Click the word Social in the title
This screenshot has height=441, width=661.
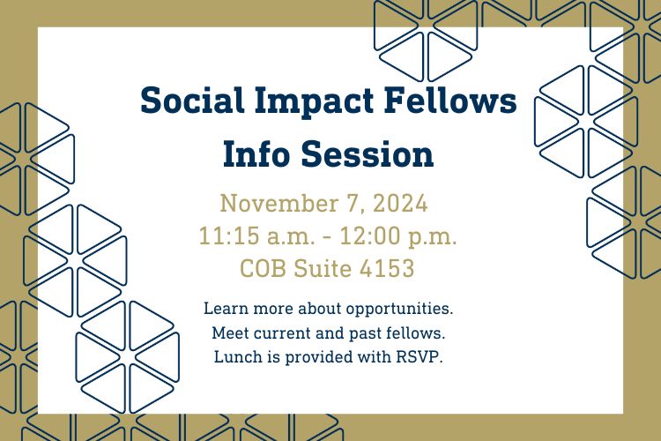(192, 101)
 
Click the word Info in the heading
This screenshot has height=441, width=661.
(256, 153)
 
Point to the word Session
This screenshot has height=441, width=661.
(368, 153)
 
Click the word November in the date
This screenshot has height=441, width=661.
(279, 204)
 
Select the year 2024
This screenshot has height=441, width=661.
(400, 204)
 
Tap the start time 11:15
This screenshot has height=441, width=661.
(229, 235)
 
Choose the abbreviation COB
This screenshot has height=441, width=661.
(263, 268)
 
